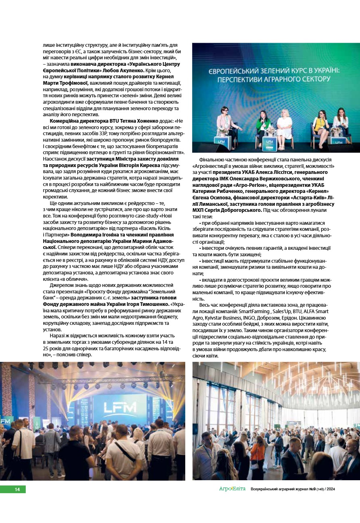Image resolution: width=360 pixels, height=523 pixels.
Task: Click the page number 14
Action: (17, 490)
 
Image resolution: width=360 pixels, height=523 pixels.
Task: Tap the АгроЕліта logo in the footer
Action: (232, 489)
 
